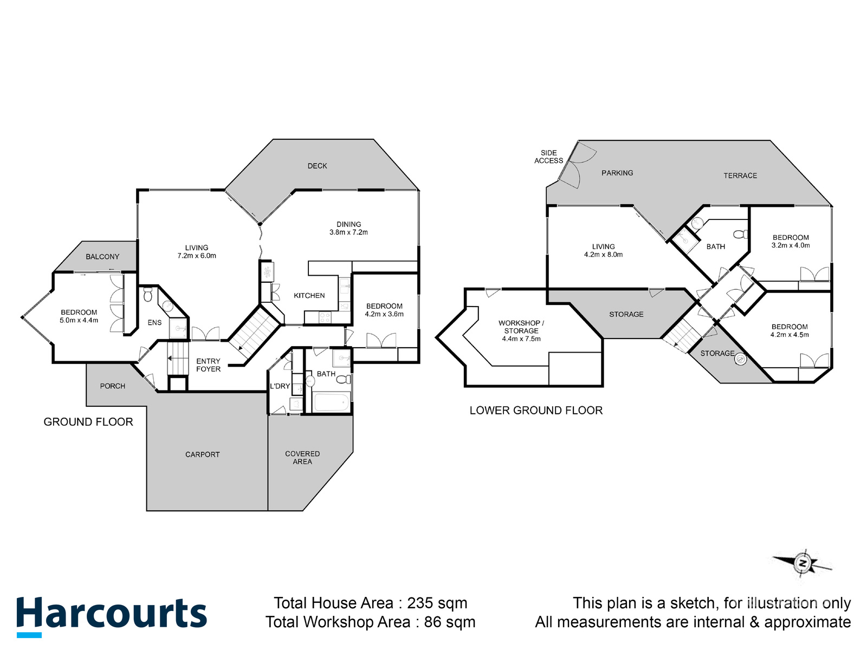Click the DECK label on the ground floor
(317, 166)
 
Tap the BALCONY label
(102, 257)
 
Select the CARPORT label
(202, 454)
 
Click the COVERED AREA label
(302, 458)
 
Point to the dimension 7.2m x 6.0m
(197, 256)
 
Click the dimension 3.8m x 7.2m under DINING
(348, 232)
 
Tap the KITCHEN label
(309, 295)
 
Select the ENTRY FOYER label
(208, 365)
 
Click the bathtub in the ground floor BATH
(331, 402)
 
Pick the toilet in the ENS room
(148, 295)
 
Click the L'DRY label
(280, 386)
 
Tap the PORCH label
(112, 386)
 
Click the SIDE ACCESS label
(548, 157)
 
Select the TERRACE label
(740, 175)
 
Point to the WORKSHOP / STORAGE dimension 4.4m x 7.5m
(521, 339)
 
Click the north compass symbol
(803, 564)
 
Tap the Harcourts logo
(111, 615)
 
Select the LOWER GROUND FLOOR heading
(536, 410)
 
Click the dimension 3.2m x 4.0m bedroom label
(791, 245)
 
